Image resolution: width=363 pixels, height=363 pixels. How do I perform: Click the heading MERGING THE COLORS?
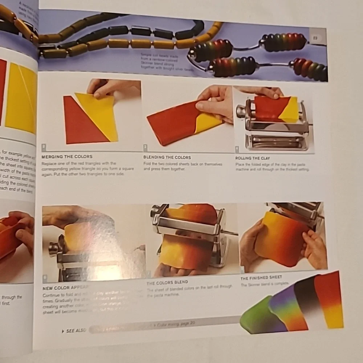click(67, 157)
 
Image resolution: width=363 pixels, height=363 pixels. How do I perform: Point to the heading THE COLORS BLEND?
click(167, 282)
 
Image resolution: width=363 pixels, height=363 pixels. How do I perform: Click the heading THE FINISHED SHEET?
click(261, 278)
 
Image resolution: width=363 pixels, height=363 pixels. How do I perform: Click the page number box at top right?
click(315, 37)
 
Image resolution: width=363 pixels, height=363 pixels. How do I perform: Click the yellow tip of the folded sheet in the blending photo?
click(209, 123)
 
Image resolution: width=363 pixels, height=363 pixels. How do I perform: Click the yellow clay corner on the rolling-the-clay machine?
click(290, 110)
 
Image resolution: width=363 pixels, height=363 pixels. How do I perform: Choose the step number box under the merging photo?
click(44, 147)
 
